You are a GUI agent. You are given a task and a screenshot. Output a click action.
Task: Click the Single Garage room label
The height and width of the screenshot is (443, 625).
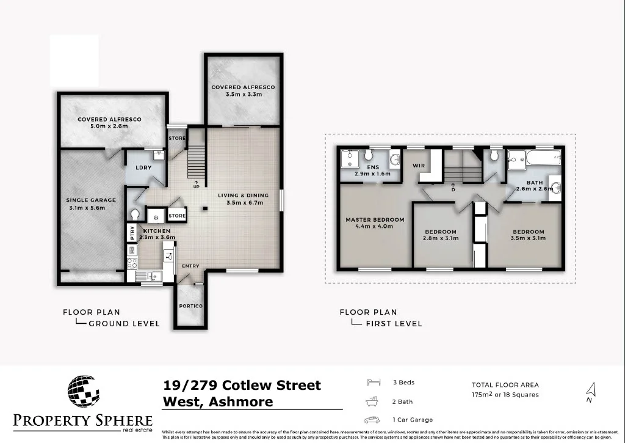point(90,203)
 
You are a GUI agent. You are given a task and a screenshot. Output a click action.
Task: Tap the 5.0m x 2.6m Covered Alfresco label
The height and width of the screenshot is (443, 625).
point(109,123)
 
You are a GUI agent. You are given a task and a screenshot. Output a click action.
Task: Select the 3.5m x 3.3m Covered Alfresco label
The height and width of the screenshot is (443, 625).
point(244,91)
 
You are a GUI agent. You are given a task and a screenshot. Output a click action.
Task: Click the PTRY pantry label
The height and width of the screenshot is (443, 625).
point(131,233)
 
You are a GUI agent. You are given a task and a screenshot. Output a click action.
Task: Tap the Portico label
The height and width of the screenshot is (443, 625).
point(190,306)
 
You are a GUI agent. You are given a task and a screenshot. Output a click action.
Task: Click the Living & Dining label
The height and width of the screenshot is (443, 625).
point(241,199)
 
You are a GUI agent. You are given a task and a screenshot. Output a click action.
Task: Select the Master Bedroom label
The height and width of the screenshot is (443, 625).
point(375,223)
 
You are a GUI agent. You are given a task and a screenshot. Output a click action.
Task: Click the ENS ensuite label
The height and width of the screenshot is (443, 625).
point(372,170)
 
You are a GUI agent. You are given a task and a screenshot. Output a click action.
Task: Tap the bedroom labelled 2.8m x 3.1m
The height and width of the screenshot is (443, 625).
point(441,235)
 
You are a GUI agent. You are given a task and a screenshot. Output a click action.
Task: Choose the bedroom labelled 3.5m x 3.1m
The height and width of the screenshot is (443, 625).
point(528,235)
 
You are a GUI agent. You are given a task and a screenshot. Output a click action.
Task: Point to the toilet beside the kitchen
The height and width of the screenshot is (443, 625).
point(135,215)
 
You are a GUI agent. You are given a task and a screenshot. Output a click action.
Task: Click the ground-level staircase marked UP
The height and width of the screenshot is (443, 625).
point(196,160)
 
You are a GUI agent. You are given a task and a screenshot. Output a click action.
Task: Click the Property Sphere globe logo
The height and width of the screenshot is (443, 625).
point(84,391)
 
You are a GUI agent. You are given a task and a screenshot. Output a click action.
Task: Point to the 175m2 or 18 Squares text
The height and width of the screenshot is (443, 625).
point(505,395)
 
